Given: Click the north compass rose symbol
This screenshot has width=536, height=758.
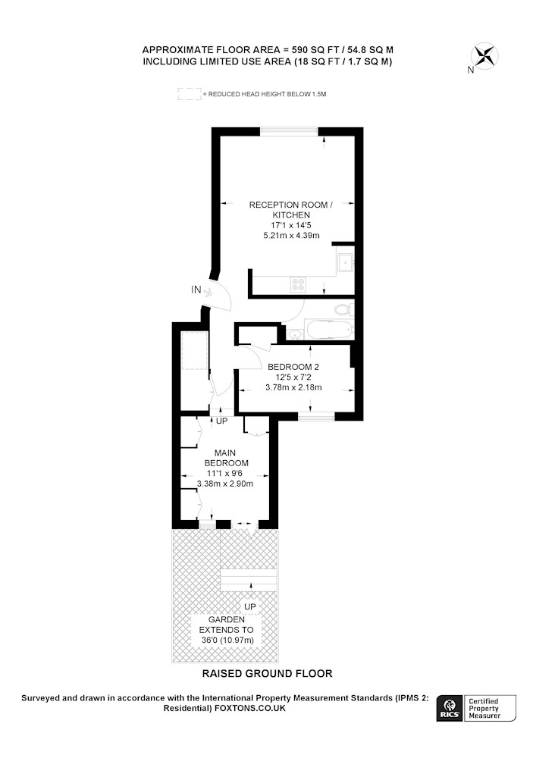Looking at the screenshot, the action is [x=484, y=56].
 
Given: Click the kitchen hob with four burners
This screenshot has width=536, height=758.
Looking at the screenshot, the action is [x=298, y=284].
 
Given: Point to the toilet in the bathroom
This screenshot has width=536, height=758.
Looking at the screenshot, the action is [x=344, y=309].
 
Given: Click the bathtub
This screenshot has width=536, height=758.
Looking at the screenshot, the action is [x=329, y=330].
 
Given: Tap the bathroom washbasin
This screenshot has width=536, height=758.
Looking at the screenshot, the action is [x=294, y=333].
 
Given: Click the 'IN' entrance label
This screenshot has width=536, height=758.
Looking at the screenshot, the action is [x=196, y=290].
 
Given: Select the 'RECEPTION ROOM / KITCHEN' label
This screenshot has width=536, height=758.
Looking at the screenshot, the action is [x=291, y=210].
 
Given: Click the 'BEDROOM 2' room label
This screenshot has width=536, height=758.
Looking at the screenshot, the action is [x=293, y=367].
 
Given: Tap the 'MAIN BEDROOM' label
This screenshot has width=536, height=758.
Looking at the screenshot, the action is [x=225, y=458].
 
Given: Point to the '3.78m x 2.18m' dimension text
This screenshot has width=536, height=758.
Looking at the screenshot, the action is [x=293, y=387].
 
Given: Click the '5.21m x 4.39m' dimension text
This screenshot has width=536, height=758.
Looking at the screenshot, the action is [x=291, y=236].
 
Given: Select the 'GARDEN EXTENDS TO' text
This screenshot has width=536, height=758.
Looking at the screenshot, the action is [x=226, y=625].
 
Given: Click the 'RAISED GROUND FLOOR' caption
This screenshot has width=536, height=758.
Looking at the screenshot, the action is [x=268, y=673].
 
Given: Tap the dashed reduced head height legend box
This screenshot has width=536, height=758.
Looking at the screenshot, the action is [x=190, y=94].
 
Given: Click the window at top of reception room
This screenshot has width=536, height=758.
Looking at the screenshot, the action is [x=289, y=130].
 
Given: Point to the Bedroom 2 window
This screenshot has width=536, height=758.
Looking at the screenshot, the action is [x=316, y=416].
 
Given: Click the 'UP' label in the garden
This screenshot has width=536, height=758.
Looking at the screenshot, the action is [x=250, y=606].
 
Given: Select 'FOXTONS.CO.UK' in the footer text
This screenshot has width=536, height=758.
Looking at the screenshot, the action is [x=250, y=708].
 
